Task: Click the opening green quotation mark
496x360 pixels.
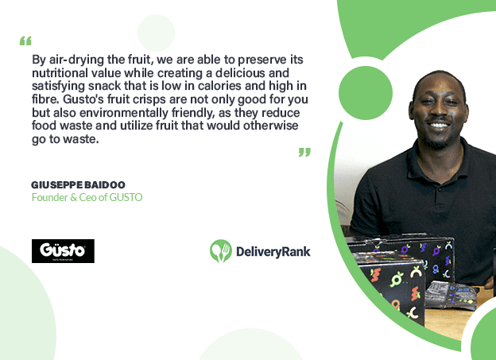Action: pos(25,41)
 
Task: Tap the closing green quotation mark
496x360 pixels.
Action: pos(304,152)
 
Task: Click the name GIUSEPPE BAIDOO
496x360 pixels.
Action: pos(78,184)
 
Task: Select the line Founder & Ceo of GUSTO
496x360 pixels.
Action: pos(87,197)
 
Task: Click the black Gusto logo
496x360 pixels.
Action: pos(63,251)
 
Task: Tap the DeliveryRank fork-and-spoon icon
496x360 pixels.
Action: pos(221,251)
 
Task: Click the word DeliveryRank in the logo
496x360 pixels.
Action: pos(273,252)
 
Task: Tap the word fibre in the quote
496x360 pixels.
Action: pos(45,99)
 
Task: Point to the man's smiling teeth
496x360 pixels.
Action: pos(439,126)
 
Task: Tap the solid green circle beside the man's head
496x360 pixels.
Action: pos(366,93)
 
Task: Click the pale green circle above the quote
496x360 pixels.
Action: pos(156,33)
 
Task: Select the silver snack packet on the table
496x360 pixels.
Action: pos(451,296)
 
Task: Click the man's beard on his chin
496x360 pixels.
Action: pos(438,142)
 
